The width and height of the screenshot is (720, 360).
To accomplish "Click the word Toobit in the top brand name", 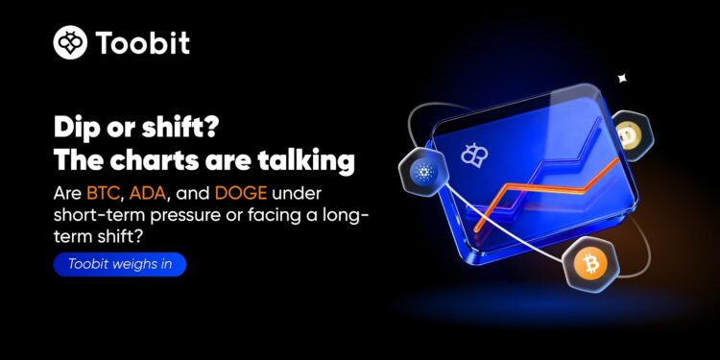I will click(142, 43).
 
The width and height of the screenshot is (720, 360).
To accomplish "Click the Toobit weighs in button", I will click(119, 264).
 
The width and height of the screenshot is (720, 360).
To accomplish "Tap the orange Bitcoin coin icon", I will click(587, 262).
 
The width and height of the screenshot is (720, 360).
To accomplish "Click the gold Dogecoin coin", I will click(631, 134).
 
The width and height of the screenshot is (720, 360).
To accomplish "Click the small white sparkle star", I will click(622, 78).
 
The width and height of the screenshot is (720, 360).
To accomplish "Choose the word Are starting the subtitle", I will click(67, 193).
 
